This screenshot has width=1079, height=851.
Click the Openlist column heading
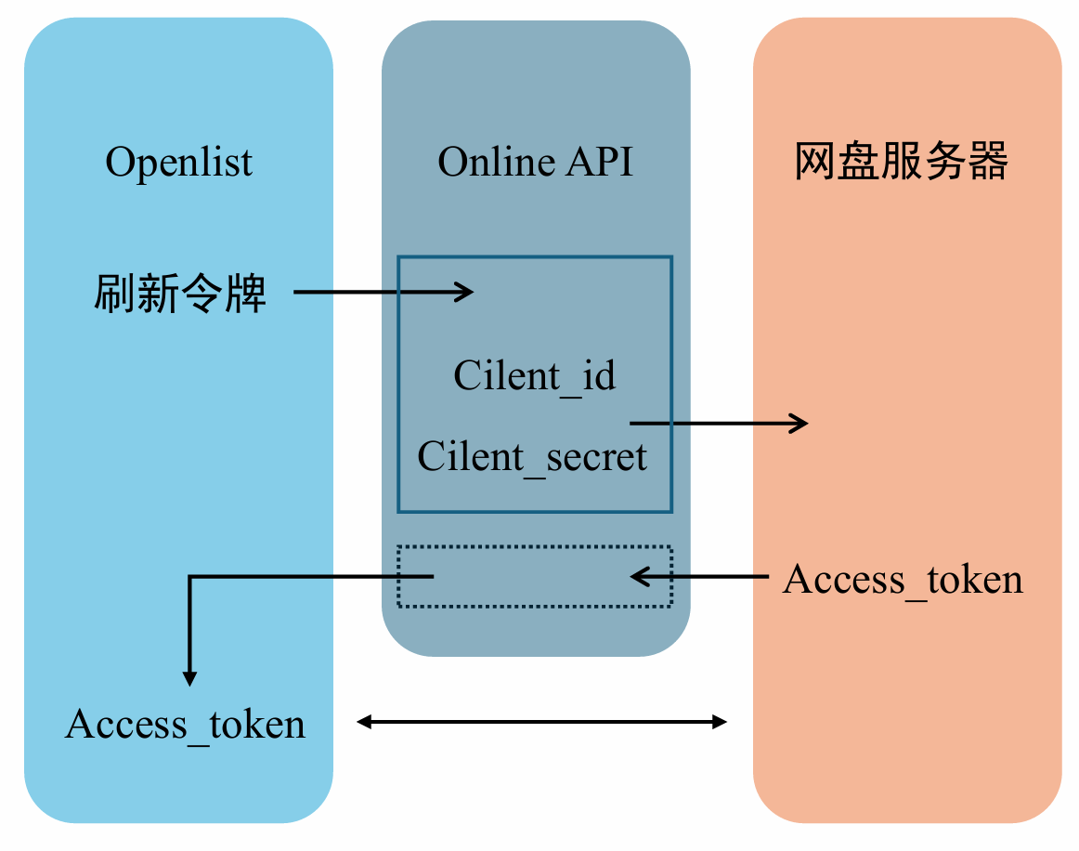point(178,163)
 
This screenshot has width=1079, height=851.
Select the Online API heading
point(535,163)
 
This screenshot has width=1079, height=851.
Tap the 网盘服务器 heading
point(901,163)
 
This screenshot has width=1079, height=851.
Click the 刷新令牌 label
point(180,294)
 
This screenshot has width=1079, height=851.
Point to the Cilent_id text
point(534,376)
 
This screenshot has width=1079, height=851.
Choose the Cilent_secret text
point(532,457)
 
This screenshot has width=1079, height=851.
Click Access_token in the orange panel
point(903,580)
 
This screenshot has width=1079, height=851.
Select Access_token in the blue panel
point(185,725)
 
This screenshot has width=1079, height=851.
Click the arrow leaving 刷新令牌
point(383,293)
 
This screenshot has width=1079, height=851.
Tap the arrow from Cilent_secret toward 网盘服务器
point(719,424)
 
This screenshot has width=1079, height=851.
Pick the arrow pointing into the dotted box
point(698,577)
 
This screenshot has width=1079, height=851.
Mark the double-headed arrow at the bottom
point(541,722)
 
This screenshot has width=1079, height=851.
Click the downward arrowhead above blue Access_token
point(189,677)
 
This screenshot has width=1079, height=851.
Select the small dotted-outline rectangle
point(534,577)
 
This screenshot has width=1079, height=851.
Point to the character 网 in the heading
point(813,163)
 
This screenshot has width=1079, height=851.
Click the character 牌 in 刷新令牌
point(248,294)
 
